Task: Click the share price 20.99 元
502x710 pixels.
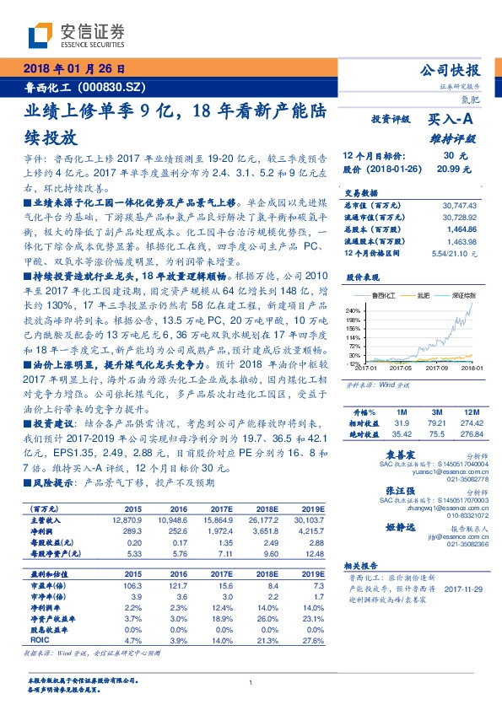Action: pos(452,169)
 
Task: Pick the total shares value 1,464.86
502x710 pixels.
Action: pos(464,229)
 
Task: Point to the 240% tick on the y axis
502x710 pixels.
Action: pos(354,310)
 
